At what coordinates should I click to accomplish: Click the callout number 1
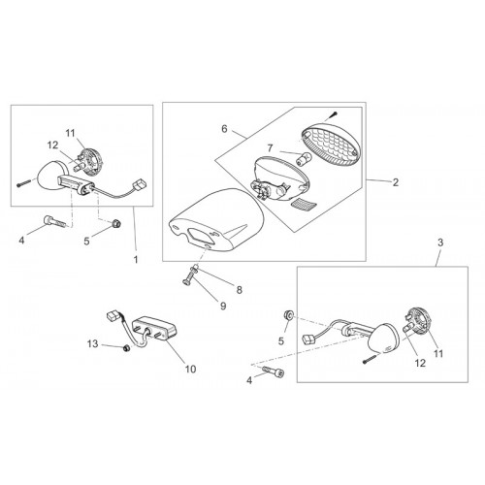pyautogui.click(x=136, y=259)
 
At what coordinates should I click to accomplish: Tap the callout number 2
pyautogui.click(x=396, y=182)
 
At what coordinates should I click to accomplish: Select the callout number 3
pyautogui.click(x=440, y=242)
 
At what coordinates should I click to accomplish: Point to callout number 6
pyautogui.click(x=224, y=129)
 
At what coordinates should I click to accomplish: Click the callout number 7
pyautogui.click(x=270, y=148)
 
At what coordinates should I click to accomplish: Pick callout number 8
pyautogui.click(x=240, y=290)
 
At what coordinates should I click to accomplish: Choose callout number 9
pyautogui.click(x=223, y=306)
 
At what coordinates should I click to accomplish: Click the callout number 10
pyautogui.click(x=190, y=369)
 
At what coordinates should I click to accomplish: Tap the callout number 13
pyautogui.click(x=92, y=343)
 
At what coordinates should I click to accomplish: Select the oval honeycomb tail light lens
pyautogui.click(x=331, y=145)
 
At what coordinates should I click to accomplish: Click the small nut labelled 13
pyautogui.click(x=127, y=348)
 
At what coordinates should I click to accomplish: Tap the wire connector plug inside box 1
pyautogui.click(x=140, y=185)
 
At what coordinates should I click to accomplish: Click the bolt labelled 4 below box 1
pyautogui.click(x=54, y=222)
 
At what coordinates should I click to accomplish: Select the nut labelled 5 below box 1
pyautogui.click(x=116, y=223)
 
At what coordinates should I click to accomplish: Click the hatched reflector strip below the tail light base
pyautogui.click(x=305, y=205)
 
